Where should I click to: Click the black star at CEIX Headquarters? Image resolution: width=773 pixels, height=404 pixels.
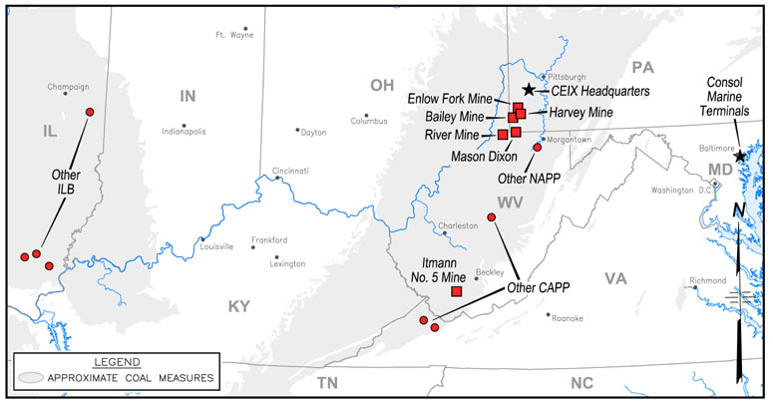pyautogui.click(x=529, y=91)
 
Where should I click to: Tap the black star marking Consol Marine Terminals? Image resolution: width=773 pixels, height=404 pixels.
pyautogui.click(x=739, y=157)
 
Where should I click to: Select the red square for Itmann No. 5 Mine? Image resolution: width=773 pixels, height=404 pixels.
pyautogui.click(x=457, y=291)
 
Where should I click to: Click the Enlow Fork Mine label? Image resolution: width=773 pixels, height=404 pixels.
pyautogui.click(x=451, y=100)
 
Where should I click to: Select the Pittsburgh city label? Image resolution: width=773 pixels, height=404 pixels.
pyautogui.click(x=566, y=76)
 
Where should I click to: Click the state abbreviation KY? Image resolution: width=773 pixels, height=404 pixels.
pyautogui.click(x=238, y=306)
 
